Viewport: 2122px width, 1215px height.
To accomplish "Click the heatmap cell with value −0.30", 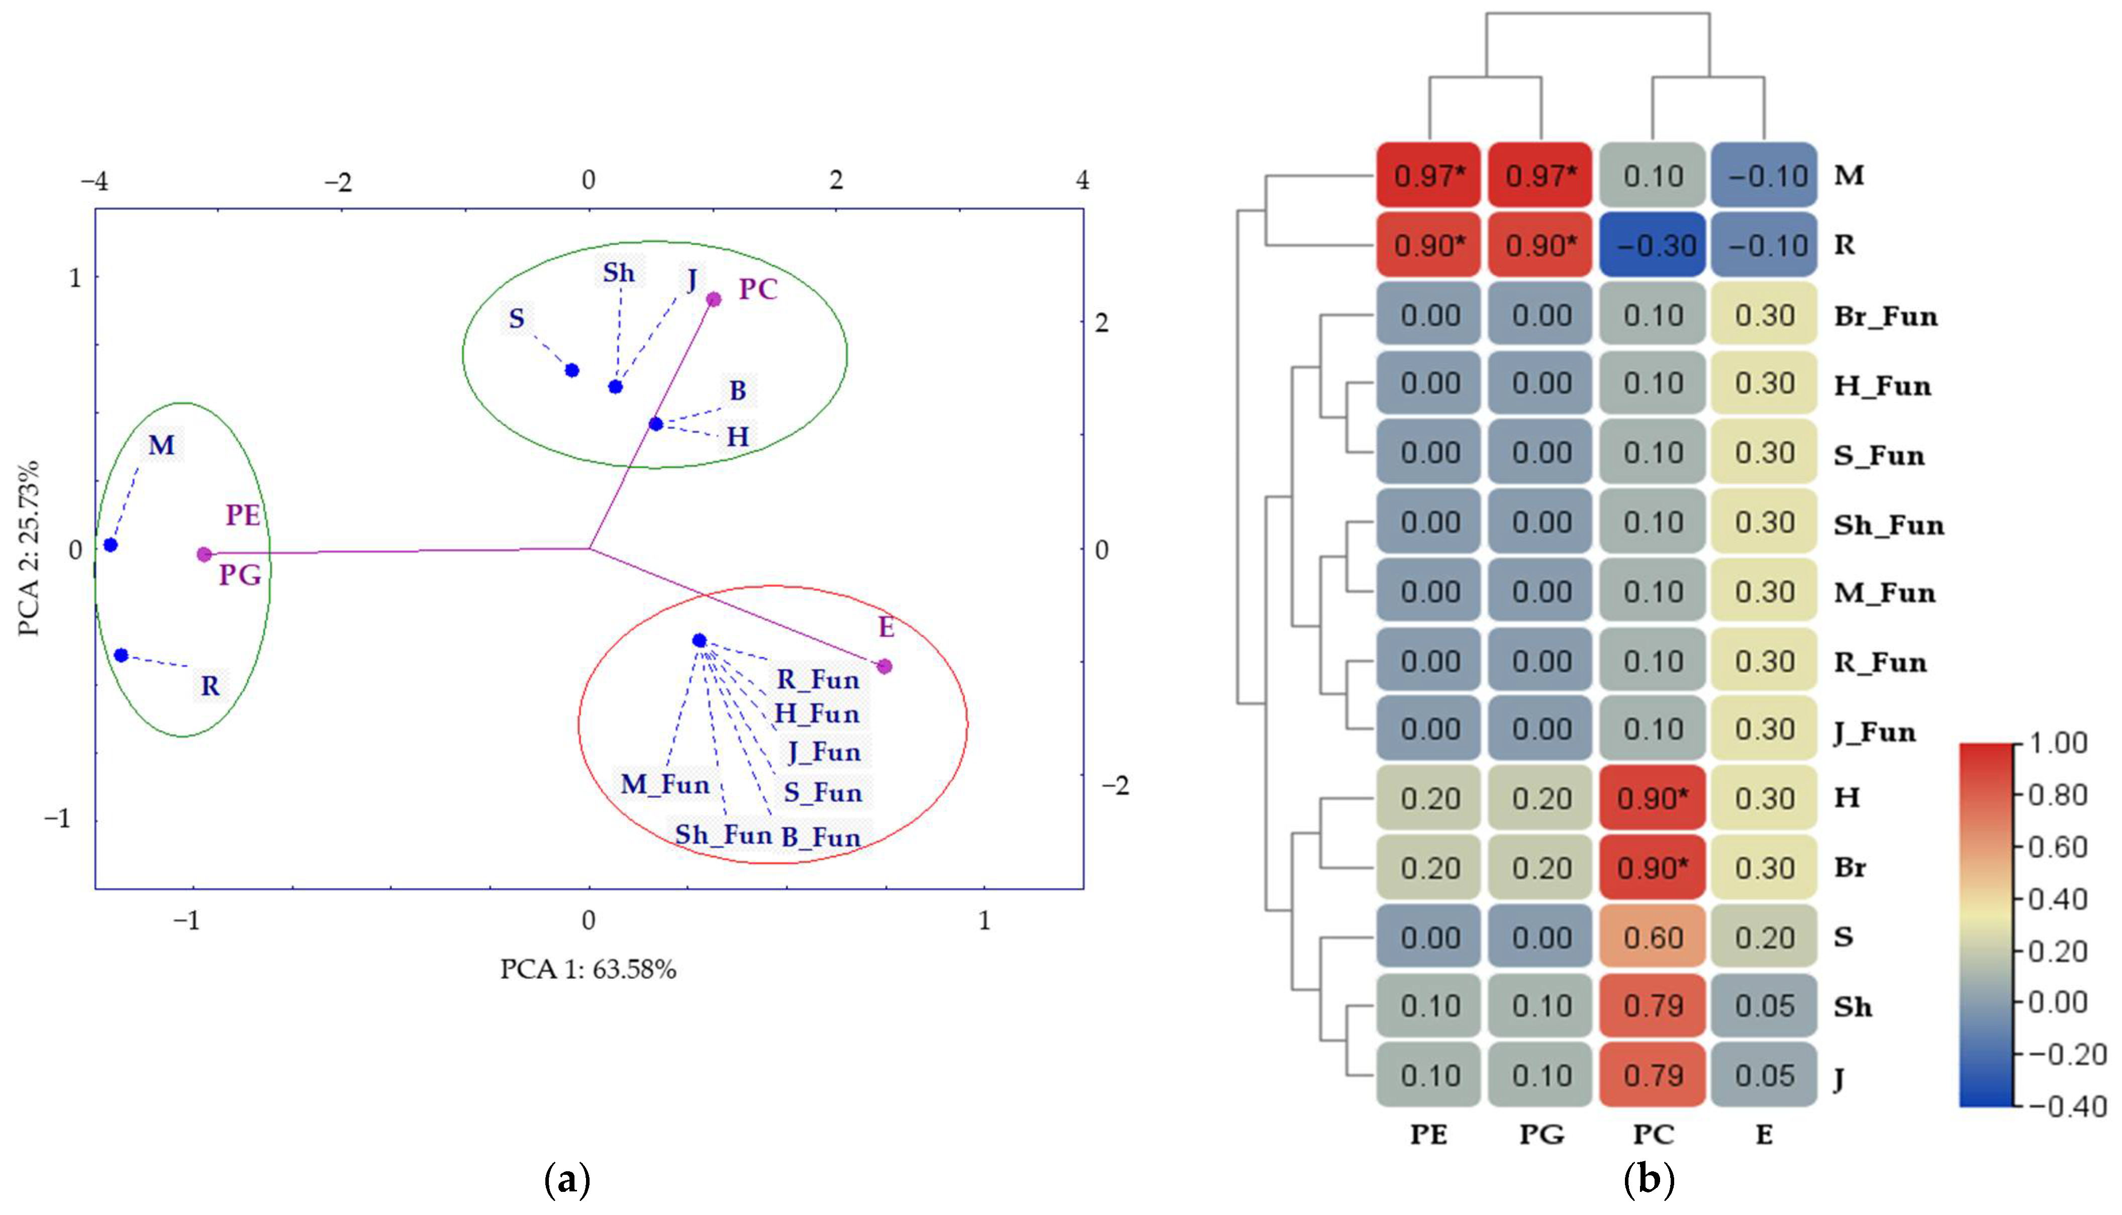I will [x=1653, y=245].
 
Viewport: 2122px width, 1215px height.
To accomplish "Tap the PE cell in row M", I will [x=1429, y=176].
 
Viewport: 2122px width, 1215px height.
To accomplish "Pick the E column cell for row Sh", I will [x=1764, y=1006].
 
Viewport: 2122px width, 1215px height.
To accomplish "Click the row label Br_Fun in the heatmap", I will [x=1885, y=316].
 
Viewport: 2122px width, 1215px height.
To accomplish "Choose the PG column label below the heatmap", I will [x=1541, y=1134].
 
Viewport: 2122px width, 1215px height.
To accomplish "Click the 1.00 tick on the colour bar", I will [x=2058, y=743].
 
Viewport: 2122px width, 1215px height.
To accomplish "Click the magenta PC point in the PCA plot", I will [x=714, y=299].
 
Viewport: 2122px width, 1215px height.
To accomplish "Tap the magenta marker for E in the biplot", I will [x=885, y=666].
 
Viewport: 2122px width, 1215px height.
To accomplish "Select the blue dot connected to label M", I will [x=110, y=545].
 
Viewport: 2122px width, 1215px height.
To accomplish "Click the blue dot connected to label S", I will [x=571, y=370].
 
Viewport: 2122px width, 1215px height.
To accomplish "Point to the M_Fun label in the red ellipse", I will [x=665, y=784].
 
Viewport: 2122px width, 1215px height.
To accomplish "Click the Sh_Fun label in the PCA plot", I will [x=723, y=835].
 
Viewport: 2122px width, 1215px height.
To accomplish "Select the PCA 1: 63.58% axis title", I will [x=588, y=969].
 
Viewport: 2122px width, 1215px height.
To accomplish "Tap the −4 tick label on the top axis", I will [x=93, y=180].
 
